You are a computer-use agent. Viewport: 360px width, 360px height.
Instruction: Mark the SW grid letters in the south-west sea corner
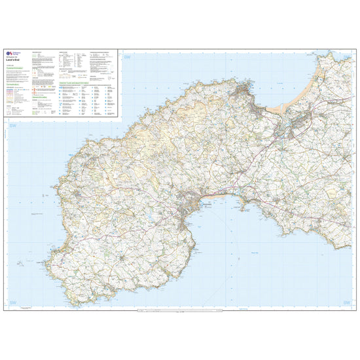point(12,302)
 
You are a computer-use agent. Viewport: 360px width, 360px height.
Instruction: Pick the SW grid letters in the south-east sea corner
point(347,302)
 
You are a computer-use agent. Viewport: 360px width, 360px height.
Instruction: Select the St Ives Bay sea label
point(281,72)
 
